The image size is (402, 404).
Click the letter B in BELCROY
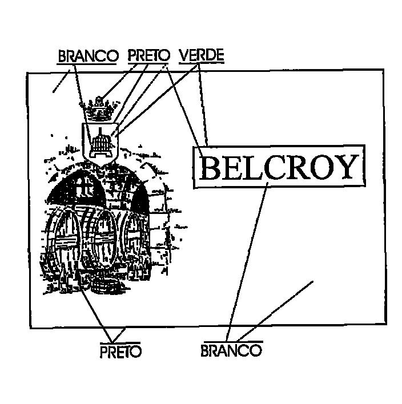point(211,167)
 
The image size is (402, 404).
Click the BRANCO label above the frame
point(88,56)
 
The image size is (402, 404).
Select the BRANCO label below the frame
point(231,350)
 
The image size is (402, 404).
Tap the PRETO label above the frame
point(149,55)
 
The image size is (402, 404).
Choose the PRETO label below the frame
point(120,352)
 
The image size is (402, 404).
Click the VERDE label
point(202,55)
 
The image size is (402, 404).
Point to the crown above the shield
point(99,110)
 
